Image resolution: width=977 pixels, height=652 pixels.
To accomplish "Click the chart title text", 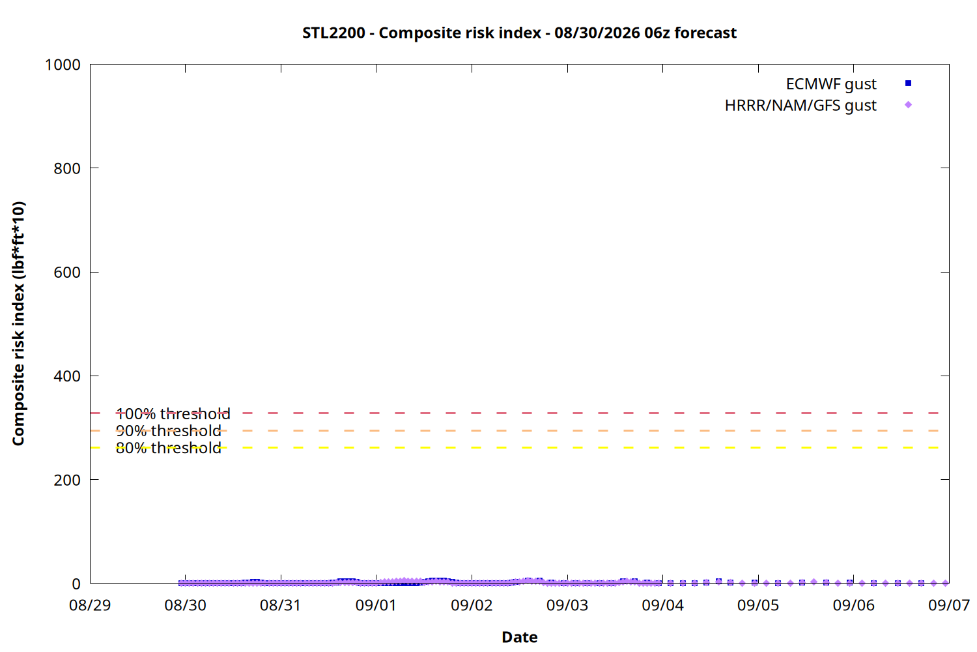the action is tap(520, 33).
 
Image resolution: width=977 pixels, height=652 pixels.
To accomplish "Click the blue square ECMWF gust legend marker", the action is tap(908, 83).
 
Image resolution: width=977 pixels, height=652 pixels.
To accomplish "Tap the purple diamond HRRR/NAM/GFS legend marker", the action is tap(908, 105).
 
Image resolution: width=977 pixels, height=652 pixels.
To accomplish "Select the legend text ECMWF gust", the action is tap(831, 84).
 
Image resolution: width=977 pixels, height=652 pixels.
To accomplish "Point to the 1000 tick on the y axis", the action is tap(63, 65).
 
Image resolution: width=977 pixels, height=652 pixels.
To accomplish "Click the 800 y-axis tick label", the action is tap(67, 168).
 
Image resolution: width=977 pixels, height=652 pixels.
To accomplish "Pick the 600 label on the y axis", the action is tap(67, 272).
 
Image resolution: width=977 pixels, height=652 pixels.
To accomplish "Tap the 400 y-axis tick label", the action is tap(67, 376).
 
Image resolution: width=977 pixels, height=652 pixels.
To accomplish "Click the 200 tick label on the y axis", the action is tap(67, 480).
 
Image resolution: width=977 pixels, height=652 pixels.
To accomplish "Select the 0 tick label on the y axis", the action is tap(76, 584).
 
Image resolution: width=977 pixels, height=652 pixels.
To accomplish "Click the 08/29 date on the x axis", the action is tap(90, 605).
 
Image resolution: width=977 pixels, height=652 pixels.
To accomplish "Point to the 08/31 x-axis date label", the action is tap(281, 605).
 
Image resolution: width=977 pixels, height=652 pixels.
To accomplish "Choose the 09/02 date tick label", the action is tap(472, 605).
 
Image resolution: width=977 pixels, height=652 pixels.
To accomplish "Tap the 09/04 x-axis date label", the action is tap(662, 605).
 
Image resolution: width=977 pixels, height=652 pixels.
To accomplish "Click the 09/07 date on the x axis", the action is tap(948, 605).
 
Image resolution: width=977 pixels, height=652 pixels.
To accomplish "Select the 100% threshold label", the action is tap(173, 413).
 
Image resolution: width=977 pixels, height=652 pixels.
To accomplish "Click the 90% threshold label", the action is tap(168, 431).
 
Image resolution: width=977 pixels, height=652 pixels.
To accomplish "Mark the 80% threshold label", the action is tap(168, 448).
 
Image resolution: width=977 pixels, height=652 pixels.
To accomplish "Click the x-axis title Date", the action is tap(520, 637).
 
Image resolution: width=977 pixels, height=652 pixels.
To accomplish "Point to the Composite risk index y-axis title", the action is tap(18, 323).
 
